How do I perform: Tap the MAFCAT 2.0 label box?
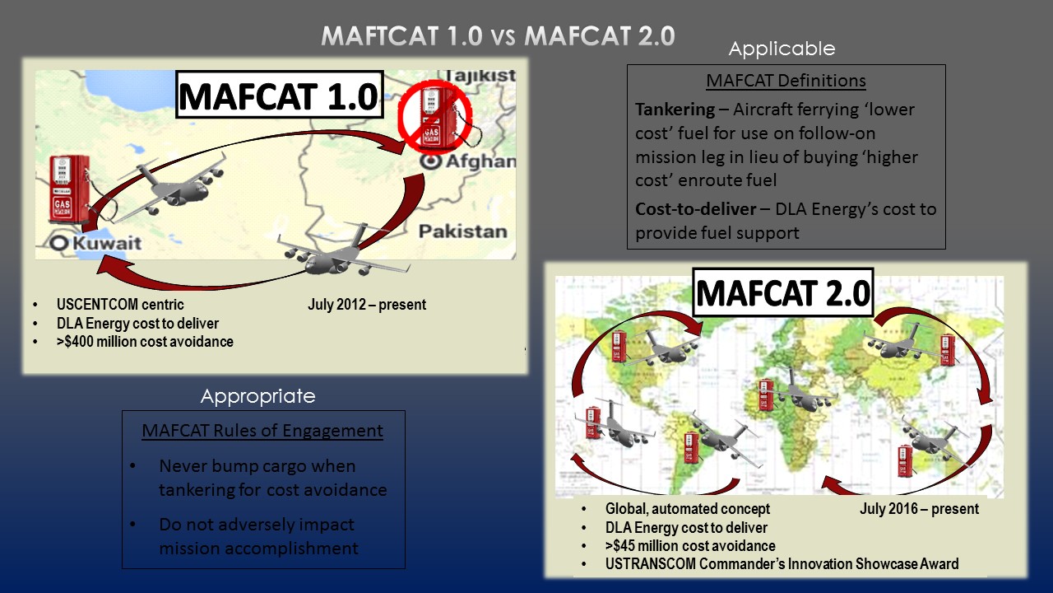[x=783, y=293]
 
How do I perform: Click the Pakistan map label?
[x=462, y=231]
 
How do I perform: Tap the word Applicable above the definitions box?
[x=782, y=49]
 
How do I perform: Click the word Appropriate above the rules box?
[x=257, y=396]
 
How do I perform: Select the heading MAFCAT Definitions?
[x=786, y=81]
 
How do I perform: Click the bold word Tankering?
[x=674, y=110]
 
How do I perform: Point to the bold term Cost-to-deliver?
[x=694, y=209]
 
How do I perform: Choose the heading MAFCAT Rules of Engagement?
[x=262, y=431]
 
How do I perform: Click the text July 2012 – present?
[x=367, y=305]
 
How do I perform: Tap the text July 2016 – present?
[x=919, y=509]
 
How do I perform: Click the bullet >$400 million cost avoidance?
[x=145, y=341]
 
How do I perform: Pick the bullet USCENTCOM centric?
[x=120, y=305]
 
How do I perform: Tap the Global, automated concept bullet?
[x=688, y=509]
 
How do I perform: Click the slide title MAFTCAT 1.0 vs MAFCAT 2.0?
[x=498, y=36]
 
